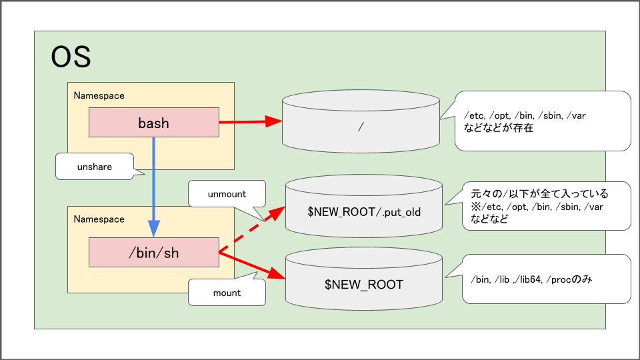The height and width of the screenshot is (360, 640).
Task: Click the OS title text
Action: (71, 58)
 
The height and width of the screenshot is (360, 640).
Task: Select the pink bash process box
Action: (154, 123)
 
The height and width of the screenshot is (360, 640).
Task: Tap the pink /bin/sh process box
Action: (154, 253)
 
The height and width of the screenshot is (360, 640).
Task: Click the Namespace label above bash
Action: (99, 96)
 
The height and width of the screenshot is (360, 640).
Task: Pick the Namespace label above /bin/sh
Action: (99, 219)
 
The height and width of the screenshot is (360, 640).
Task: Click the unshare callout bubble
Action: (93, 167)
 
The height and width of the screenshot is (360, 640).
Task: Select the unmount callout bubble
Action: (227, 194)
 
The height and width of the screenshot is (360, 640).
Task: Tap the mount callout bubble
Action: (227, 292)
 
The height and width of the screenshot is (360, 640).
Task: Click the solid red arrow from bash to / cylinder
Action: (250, 122)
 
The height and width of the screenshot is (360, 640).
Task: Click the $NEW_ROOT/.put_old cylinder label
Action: (364, 211)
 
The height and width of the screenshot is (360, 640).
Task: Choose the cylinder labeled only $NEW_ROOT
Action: (364, 284)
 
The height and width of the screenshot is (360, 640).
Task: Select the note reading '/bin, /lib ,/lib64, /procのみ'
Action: (531, 279)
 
